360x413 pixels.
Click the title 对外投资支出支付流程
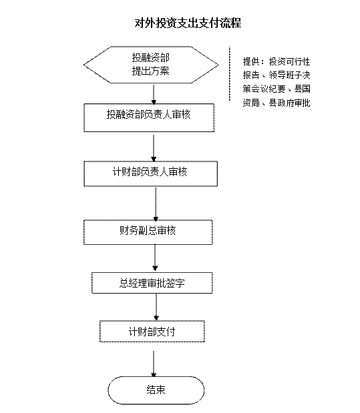click(x=188, y=23)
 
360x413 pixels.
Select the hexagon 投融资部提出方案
click(x=151, y=65)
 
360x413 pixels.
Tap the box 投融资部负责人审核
click(x=149, y=117)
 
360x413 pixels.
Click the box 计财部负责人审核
click(x=150, y=174)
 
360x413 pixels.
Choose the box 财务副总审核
click(x=148, y=232)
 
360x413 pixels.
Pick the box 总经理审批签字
click(x=152, y=283)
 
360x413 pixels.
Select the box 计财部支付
click(x=152, y=332)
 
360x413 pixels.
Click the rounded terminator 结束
click(x=156, y=390)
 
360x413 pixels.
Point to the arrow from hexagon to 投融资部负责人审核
click(x=154, y=94)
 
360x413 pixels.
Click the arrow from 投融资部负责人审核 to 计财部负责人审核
click(x=154, y=148)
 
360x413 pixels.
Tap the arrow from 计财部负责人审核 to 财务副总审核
click(x=156, y=204)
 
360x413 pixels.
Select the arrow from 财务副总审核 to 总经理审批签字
click(x=155, y=258)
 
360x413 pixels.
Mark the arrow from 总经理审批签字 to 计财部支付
click(x=156, y=307)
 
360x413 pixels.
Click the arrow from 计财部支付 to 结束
click(x=154, y=364)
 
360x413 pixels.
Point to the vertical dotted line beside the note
click(x=230, y=74)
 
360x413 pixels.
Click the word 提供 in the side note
click(x=251, y=61)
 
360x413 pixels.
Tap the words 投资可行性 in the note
click(x=290, y=61)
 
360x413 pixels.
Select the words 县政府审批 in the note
click(x=290, y=103)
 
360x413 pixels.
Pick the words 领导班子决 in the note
click(x=290, y=75)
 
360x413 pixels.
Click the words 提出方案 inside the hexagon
click(x=150, y=71)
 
